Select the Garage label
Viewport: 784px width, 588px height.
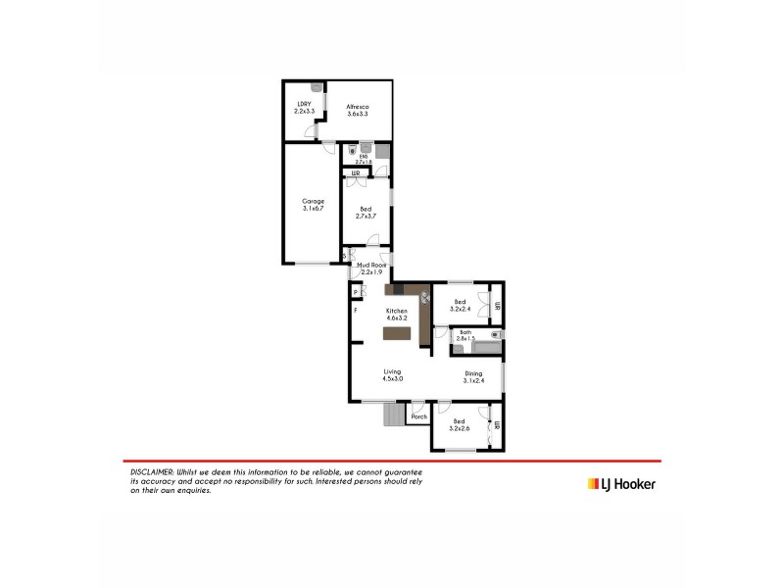[313, 205]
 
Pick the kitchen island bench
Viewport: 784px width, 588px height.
[397, 333]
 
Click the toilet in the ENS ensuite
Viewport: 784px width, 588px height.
[353, 150]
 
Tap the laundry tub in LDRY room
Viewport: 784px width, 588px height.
[317, 88]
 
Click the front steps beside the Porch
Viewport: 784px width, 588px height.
[392, 416]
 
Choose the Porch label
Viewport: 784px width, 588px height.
[419, 416]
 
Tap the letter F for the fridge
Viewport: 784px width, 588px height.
[356, 311]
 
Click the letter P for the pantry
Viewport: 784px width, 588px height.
[356, 291]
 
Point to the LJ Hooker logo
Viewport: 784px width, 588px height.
[621, 483]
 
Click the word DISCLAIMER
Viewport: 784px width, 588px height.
[152, 472]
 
